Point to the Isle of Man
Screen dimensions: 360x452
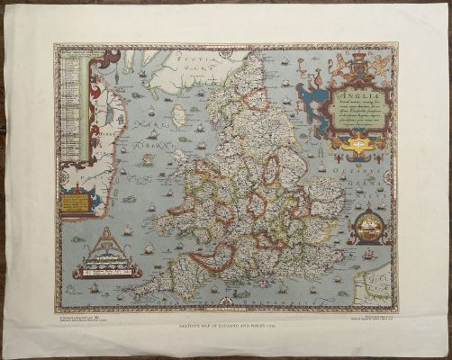[x=178, y=115]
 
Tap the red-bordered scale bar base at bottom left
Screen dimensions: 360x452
[x=107, y=269]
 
